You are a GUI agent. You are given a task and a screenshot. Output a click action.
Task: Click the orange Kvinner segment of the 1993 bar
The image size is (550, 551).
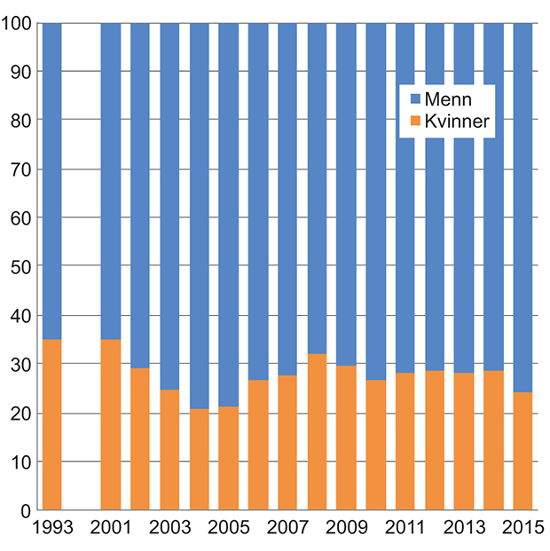51,425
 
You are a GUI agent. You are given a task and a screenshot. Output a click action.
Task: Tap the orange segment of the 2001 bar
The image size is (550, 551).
111,425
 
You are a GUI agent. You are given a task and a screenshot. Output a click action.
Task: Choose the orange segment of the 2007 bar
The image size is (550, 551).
287,443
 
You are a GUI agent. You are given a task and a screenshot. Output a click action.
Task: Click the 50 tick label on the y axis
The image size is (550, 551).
20,267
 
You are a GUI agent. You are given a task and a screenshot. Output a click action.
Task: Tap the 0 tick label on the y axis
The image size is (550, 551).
24,511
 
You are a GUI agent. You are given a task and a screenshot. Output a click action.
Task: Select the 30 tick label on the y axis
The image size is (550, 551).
20,365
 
